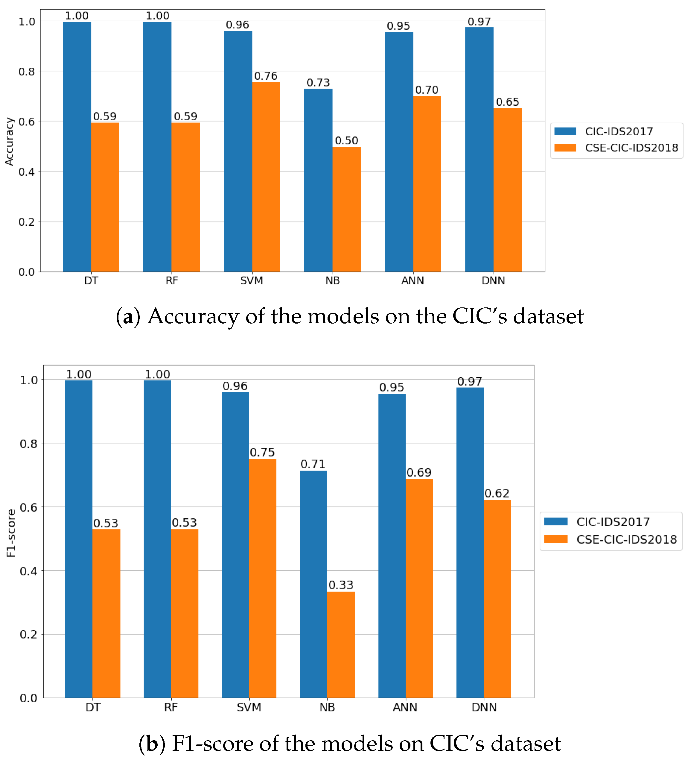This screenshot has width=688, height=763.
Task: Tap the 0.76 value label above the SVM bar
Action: coord(265,76)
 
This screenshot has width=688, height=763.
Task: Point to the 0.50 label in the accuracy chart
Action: coord(346,141)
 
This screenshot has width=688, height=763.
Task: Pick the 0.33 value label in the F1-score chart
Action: coord(341,585)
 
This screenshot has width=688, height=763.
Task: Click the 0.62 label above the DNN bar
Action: coord(497,494)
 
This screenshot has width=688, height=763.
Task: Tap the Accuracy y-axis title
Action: coord(9,141)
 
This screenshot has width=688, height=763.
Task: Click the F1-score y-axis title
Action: coord(11,533)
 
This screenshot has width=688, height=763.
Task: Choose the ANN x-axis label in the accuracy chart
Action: coord(413,281)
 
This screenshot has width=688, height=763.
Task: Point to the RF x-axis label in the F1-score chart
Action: coord(171,707)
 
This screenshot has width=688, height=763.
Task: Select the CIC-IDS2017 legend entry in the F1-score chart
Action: coord(612,522)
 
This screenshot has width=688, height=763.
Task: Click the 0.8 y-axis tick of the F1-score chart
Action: coord(28,443)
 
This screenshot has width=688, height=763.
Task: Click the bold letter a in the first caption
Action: coord(128,317)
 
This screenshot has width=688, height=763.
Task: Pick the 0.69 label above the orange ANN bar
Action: coord(419,472)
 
